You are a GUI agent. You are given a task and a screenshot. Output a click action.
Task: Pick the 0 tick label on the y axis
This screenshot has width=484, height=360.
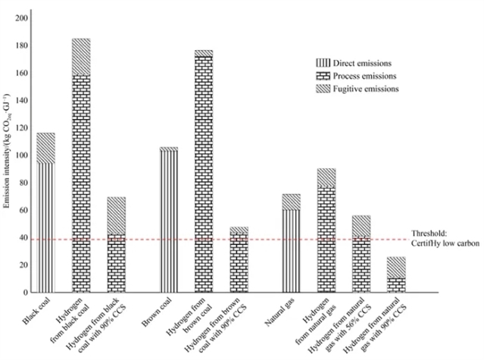tap(25, 293)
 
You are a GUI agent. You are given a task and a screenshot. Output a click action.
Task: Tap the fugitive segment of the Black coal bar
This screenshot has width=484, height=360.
tap(45, 148)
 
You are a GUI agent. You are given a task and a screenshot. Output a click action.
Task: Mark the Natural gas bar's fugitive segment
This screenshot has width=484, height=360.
tap(292, 202)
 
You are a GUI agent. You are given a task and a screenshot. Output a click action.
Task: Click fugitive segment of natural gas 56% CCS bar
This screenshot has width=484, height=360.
tap(361, 226)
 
